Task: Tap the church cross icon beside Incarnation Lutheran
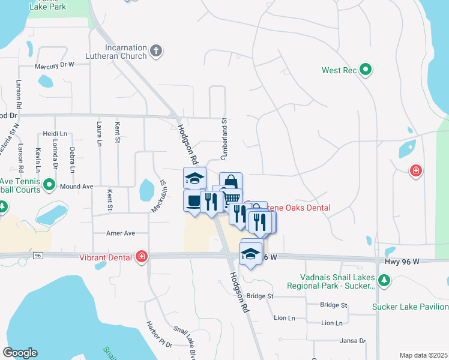tap(156, 51)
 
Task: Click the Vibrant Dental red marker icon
tap(142, 257)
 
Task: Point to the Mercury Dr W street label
tap(54, 64)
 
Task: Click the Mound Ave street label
tap(76, 187)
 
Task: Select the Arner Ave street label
tap(120, 233)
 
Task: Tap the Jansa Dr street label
tap(353, 340)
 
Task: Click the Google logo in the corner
tap(20, 353)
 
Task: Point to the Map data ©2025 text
tap(423, 355)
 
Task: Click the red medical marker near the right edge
tap(415, 172)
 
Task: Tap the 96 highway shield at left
tap(38, 255)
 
